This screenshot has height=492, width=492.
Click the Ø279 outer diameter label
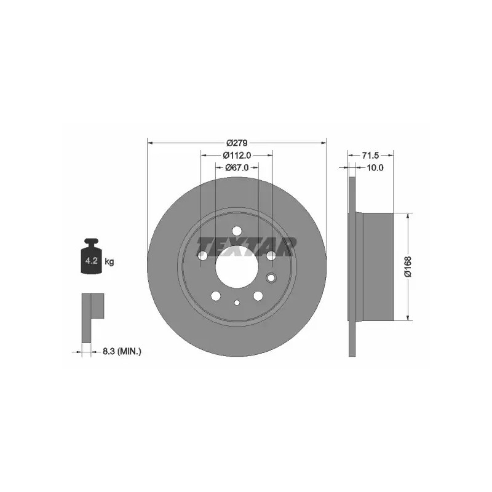point(237,143)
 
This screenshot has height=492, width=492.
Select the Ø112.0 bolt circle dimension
point(237,156)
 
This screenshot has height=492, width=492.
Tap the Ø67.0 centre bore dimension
point(237,168)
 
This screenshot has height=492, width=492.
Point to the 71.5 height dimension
point(371,156)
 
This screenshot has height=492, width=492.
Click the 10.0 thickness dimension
point(375,168)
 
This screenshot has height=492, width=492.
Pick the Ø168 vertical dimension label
point(408,267)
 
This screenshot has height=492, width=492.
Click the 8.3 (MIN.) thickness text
point(122,351)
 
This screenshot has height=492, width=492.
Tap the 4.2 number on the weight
point(91,260)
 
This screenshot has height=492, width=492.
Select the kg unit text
point(109,261)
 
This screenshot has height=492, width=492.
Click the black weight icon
point(91,256)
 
